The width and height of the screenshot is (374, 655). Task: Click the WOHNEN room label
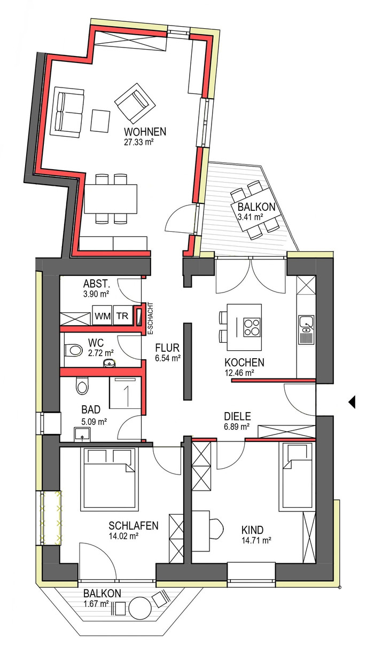tap(145, 131)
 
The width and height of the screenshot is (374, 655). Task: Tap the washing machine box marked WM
tap(103, 315)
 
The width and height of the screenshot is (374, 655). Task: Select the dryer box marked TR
tap(122, 315)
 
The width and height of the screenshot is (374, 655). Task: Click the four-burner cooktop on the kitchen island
tap(252, 327)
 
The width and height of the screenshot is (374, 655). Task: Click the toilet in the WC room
tap(73, 350)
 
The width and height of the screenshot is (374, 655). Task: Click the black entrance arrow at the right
tap(352, 402)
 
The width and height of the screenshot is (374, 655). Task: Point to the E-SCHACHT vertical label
tap(151, 319)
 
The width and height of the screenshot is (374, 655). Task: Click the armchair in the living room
tap(135, 103)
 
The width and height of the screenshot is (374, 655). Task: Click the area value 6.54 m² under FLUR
tap(168, 358)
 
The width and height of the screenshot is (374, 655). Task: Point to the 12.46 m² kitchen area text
tap(239, 373)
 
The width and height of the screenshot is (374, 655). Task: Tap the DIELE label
tap(237, 416)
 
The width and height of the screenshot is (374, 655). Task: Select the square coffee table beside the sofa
tap(100, 121)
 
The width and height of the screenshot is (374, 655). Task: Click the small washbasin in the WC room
tap(110, 363)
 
